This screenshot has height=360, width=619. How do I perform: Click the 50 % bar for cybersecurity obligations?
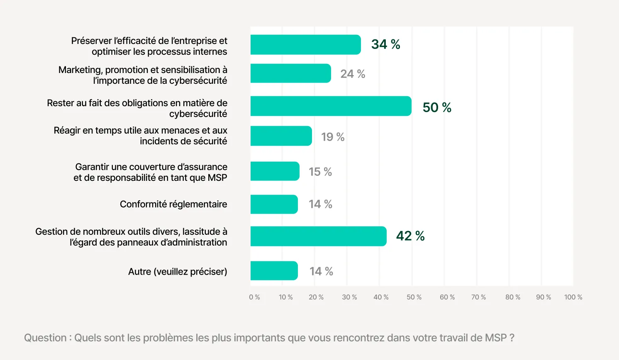tap(331, 106)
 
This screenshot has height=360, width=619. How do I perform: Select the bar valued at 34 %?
tap(305, 45)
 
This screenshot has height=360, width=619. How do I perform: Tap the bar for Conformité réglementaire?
tap(274, 204)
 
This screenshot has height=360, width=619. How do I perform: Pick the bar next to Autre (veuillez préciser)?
tap(274, 271)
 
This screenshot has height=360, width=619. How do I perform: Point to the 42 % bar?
tap(318, 236)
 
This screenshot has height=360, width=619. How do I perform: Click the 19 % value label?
tap(333, 137)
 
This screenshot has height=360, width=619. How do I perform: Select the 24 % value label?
tap(353, 74)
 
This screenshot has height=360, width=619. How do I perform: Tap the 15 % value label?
tap(320, 172)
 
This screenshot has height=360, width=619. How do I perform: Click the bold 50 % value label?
tap(437, 107)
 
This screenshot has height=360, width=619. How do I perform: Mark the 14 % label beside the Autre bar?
tap(321, 271)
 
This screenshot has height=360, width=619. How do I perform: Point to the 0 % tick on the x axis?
tap(254, 297)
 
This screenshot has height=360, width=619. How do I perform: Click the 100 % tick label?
tap(573, 297)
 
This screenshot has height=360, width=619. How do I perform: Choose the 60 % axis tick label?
tap(447, 297)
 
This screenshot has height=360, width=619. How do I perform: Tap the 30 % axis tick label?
tap(349, 297)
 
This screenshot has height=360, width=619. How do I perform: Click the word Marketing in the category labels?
tap(80, 70)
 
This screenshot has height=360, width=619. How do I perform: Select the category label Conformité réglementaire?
tap(173, 204)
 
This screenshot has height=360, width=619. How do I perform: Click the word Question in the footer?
tap(45, 338)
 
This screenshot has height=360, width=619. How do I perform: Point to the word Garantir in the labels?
tap(92, 167)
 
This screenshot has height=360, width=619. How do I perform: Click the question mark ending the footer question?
tap(512, 338)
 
